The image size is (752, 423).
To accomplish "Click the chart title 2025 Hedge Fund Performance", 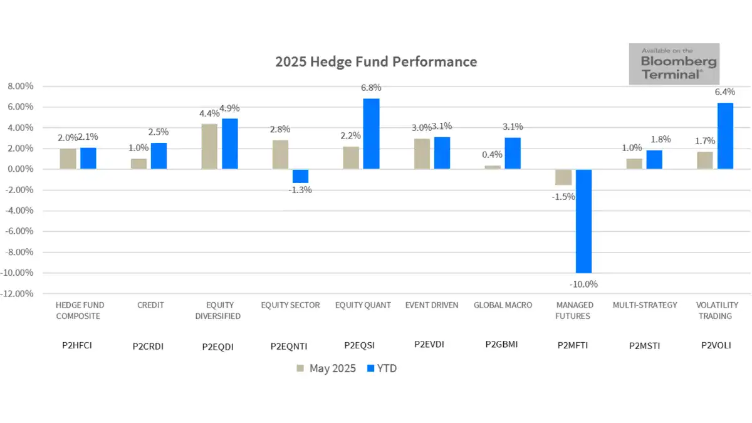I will pos(376,62).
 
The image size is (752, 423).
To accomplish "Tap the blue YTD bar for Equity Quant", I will pos(371,133).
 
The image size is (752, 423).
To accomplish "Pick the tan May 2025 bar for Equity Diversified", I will pos(209,146).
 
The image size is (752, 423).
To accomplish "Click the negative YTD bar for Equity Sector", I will pos(300,176).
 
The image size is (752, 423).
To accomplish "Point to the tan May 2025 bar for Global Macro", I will pos(492,167).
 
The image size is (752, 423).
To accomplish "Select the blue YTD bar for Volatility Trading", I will pos(725,136).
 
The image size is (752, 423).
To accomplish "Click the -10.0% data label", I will pos(584,284).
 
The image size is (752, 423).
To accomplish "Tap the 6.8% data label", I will pos(371,88).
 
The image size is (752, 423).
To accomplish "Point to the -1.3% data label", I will pos(300,190).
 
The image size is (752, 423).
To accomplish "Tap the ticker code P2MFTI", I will pos(573,345).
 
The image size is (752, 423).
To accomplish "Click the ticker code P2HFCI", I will pos(78,345).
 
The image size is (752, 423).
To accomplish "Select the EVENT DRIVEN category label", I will pos(432,305).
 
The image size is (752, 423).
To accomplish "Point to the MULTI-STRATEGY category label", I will pos(645,305).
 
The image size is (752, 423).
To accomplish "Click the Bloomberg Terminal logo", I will pos(674,64).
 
